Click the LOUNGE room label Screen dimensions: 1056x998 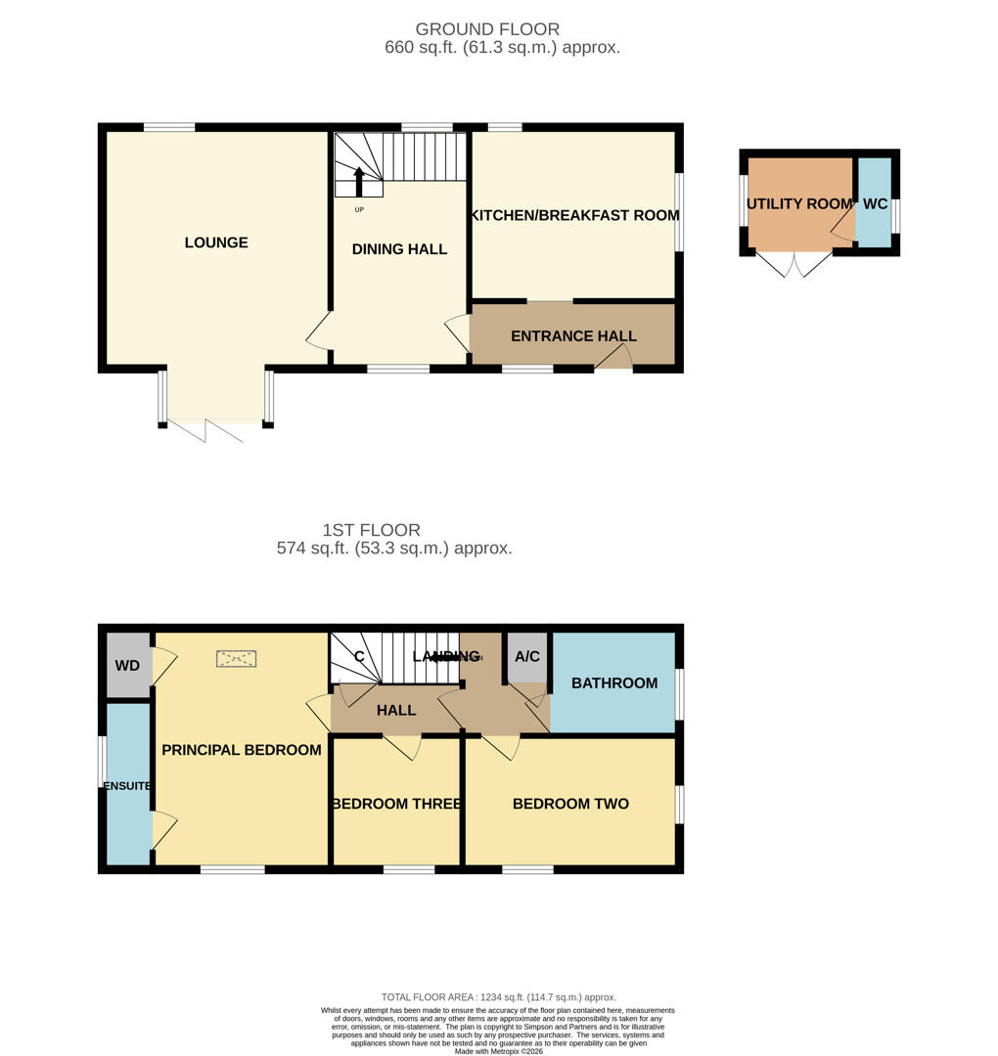tap(216, 242)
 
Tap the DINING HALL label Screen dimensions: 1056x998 tap(399, 249)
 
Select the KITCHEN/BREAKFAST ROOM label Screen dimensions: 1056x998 tap(574, 215)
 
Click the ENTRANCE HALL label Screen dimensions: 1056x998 tap(573, 336)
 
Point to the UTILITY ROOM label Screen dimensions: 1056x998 tap(798, 204)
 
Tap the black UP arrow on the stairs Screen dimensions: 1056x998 tap(358, 182)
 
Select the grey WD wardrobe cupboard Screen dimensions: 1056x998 tap(128, 666)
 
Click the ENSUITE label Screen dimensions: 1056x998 tap(128, 785)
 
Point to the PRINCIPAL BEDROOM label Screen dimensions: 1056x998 tap(241, 750)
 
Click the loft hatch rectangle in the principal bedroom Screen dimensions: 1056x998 tap(236, 659)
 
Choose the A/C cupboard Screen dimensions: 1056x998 tap(527, 656)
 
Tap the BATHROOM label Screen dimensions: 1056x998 tap(614, 682)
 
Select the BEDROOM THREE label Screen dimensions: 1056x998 tap(396, 804)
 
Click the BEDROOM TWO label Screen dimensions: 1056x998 tap(570, 804)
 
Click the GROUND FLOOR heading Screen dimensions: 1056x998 tap(487, 29)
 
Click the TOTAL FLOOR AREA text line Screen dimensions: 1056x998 tap(499, 997)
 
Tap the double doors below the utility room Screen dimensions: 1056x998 tap(794, 264)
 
